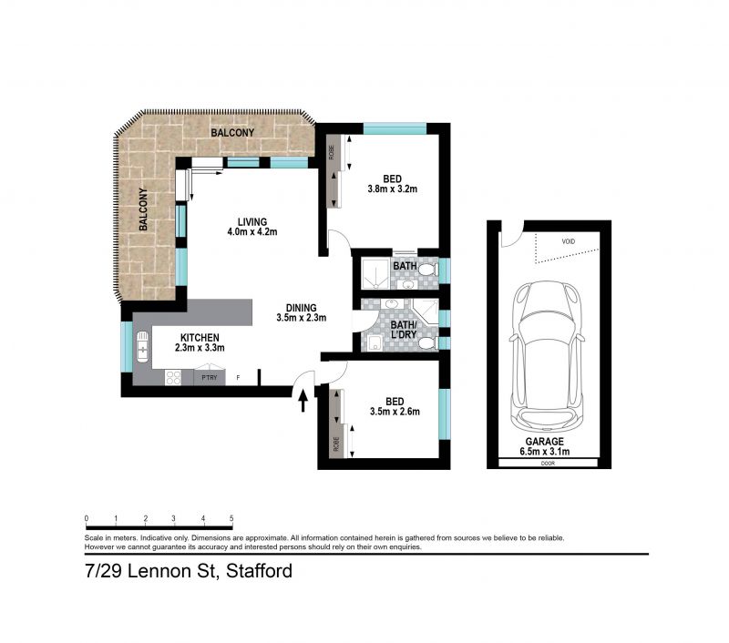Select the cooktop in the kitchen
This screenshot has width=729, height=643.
[172, 377]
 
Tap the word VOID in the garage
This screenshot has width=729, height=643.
[569, 242]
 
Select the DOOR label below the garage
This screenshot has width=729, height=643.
[548, 463]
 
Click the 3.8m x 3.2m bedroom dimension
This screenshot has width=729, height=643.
[391, 190]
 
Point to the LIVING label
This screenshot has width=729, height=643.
[252, 221]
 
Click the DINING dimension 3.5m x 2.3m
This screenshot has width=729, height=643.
[301, 318]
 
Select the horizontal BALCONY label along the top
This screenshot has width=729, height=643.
[232, 133]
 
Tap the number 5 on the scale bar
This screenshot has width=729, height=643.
[231, 517]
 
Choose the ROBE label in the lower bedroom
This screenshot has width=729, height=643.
[336, 444]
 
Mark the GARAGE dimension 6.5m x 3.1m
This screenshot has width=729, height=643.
[548, 449]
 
